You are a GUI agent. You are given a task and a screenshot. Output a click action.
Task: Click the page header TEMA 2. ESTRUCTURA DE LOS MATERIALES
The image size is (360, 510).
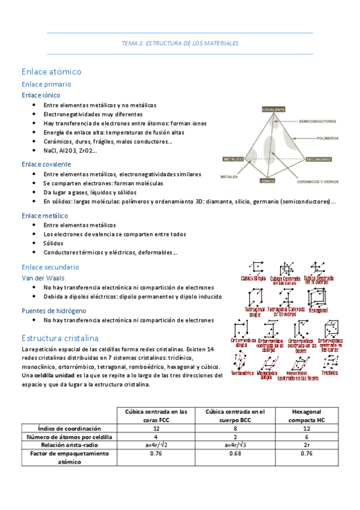pyautogui.click(x=180, y=43)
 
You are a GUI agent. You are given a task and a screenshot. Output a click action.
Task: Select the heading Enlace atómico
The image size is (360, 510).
pyautogui.click(x=51, y=71)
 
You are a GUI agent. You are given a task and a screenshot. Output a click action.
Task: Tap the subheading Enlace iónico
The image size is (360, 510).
pyautogui.click(x=41, y=95)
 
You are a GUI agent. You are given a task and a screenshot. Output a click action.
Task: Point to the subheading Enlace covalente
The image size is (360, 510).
pyautogui.click(x=46, y=164)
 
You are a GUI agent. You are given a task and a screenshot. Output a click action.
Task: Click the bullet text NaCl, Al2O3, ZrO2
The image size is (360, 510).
pyautogui.click(x=71, y=150)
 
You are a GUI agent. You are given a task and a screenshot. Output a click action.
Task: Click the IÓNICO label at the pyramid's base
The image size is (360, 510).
pyautogui.click(x=267, y=180)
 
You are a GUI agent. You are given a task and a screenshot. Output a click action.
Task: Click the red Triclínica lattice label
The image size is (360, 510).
pyautogui.click(x=330, y=373)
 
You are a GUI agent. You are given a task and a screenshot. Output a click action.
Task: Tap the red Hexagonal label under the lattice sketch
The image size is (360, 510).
pyautogui.click(x=319, y=311)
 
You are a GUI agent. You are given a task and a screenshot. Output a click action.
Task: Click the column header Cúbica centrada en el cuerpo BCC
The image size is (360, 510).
pyautogui.click(x=236, y=416)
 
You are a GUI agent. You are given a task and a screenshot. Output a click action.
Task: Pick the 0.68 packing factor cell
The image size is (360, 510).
pyautogui.click(x=236, y=453)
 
